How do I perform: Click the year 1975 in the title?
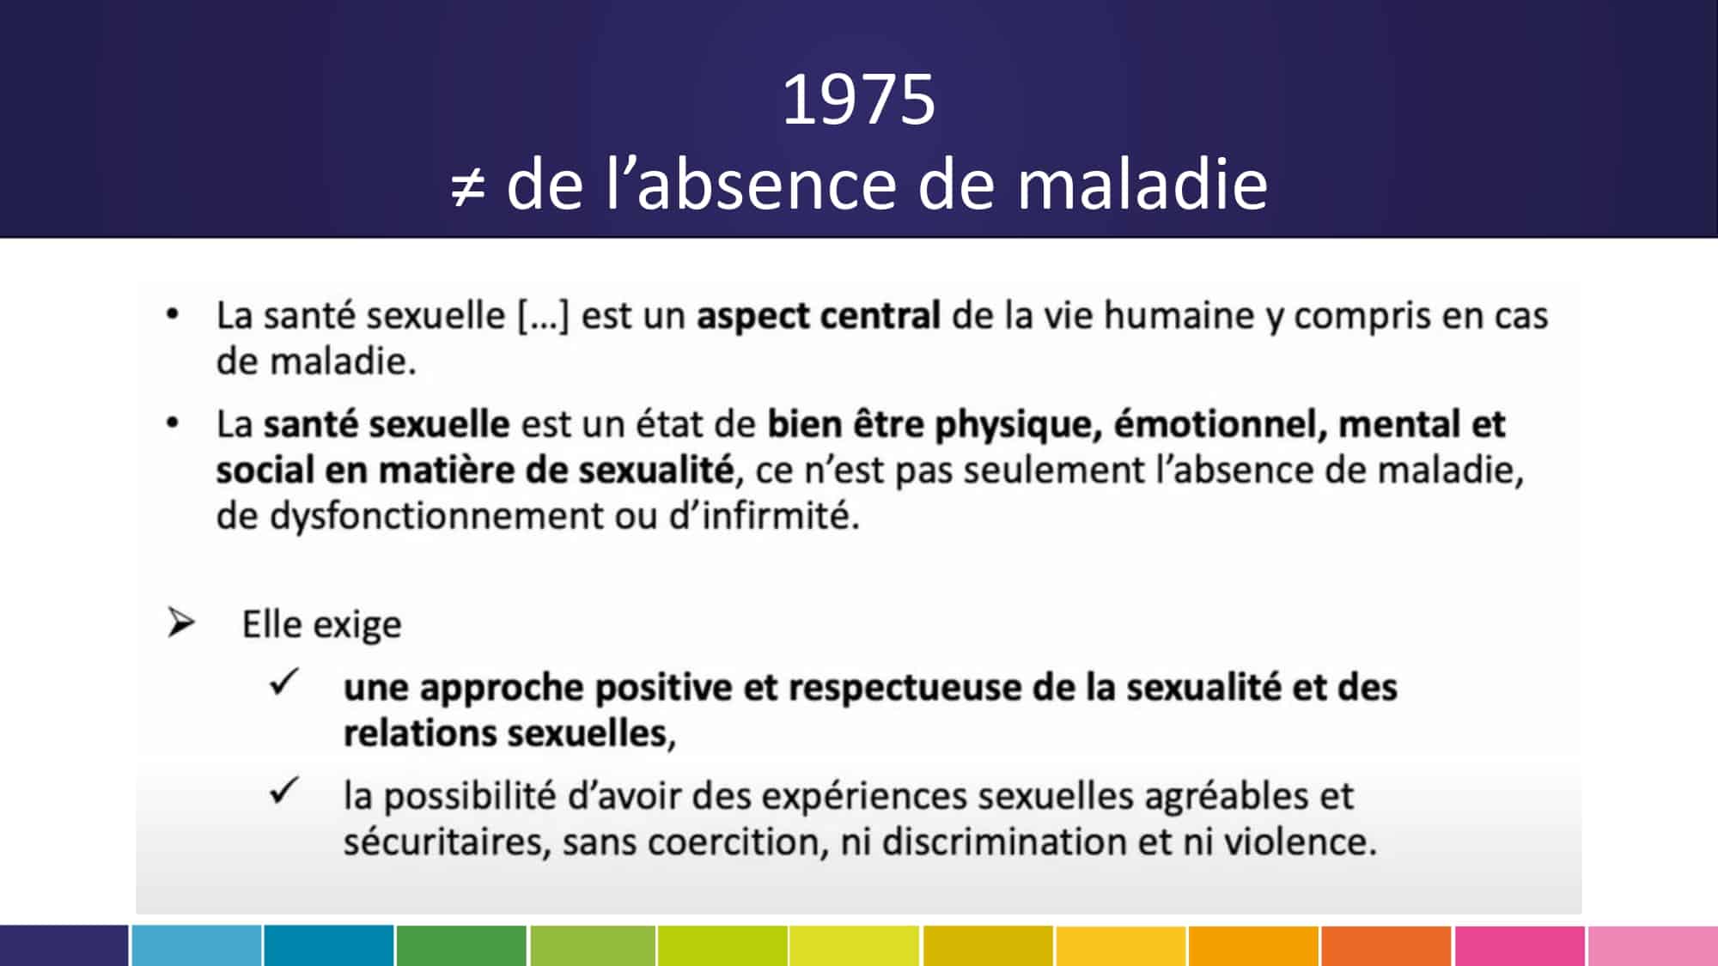click(858, 100)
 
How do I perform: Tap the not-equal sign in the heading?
click(468, 187)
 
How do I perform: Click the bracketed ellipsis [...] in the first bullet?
click(543, 316)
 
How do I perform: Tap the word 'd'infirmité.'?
click(764, 516)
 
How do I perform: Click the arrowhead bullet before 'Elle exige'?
click(181, 623)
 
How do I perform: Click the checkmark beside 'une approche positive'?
click(283, 683)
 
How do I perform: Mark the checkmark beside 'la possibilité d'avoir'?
click(283, 791)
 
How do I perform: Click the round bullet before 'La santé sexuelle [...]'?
click(173, 315)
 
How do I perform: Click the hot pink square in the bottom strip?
click(1520, 945)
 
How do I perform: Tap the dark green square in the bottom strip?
click(461, 945)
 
